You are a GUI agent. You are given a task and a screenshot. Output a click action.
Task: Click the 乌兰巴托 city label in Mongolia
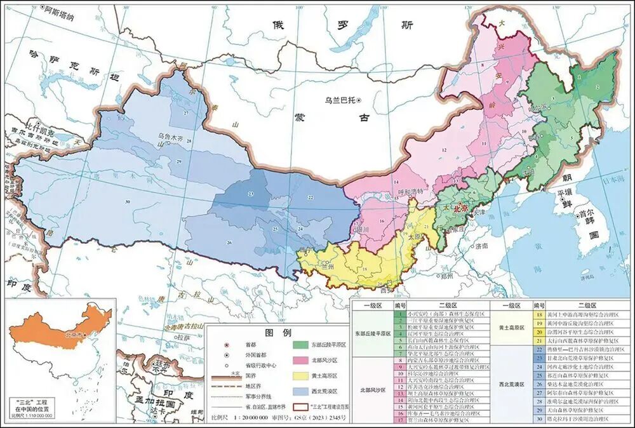click(340, 100)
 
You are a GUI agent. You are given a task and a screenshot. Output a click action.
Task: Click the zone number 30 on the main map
click(128, 201)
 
